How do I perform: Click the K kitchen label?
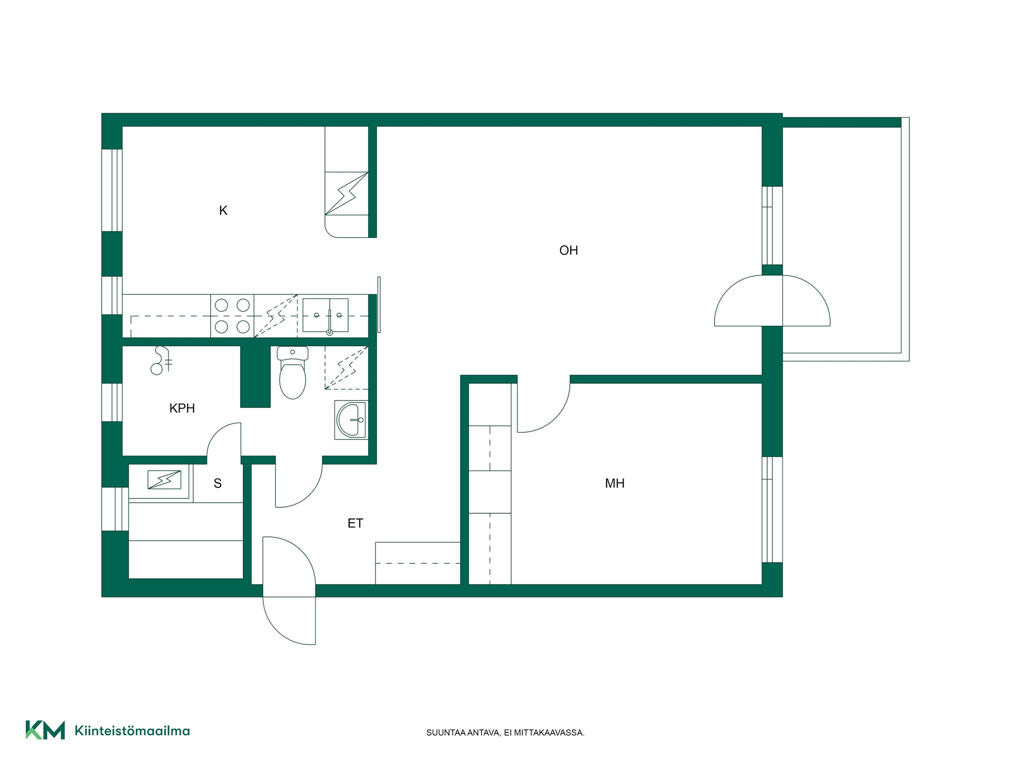point(223,211)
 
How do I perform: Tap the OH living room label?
point(569,251)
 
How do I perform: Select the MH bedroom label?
point(614,483)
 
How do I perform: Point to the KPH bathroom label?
point(182,408)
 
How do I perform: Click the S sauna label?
point(217,483)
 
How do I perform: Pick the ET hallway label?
point(355,523)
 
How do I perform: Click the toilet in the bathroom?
point(292,372)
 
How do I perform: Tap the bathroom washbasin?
point(351,420)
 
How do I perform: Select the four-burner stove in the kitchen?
point(232,316)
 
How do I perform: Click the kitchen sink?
point(325,316)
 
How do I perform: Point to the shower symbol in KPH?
point(162,361)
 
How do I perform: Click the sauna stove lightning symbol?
point(164,480)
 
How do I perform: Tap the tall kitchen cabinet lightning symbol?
point(346,194)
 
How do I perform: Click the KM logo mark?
point(45,730)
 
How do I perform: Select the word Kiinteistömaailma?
point(132,731)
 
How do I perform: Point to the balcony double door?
point(772,301)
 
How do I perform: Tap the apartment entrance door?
point(289,590)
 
